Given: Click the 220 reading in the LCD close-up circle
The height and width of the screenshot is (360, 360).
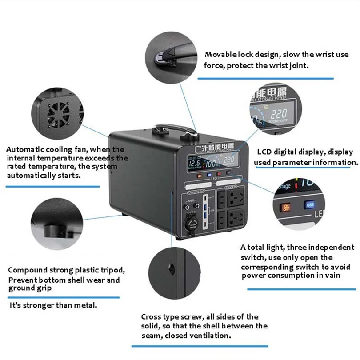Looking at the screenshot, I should point(279,114).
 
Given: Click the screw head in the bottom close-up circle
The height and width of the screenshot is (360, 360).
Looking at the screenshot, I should point(171,268).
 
